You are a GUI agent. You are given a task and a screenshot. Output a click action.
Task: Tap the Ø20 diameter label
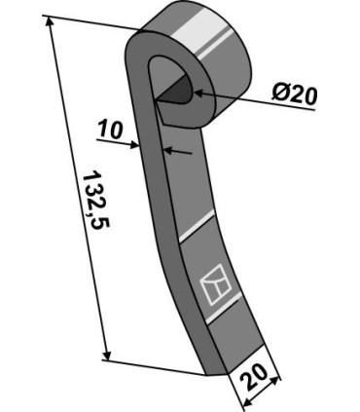click(295, 95)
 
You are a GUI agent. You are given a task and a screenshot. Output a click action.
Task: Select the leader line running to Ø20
click(253, 101)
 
